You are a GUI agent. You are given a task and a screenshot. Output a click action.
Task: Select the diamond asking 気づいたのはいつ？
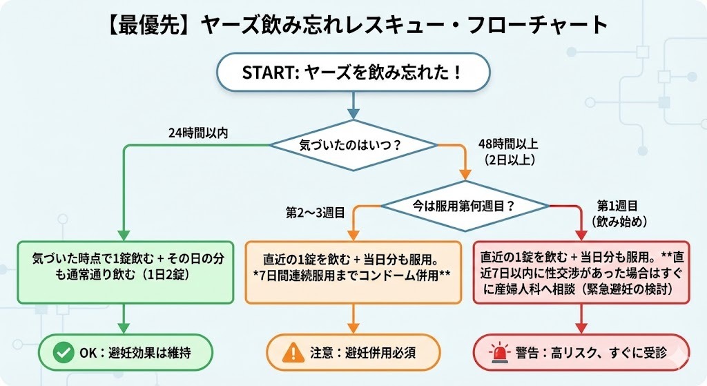pos(353,146)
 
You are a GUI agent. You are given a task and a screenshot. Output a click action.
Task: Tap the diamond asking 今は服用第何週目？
pos(466,205)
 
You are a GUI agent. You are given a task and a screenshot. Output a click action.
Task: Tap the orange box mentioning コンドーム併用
pos(353,272)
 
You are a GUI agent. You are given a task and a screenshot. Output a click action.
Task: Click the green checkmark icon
pos(65,352)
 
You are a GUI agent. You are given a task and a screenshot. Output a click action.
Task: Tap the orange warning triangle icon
pos(293,352)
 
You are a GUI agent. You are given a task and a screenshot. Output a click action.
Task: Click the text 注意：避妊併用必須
pos(363,352)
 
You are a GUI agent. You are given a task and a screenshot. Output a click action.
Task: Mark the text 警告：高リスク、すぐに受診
pos(590,352)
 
